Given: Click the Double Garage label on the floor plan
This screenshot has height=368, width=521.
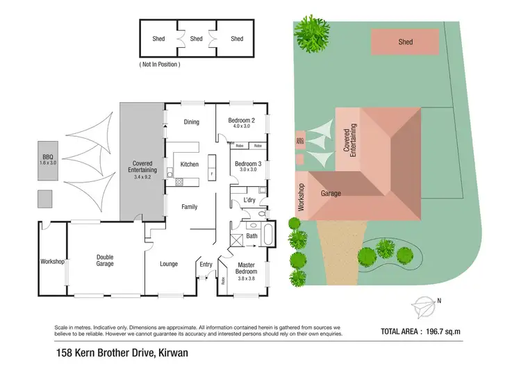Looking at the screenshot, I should (104, 260).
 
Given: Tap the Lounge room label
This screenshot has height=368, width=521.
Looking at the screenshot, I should (169, 264).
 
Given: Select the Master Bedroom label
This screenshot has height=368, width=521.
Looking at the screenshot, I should (246, 268).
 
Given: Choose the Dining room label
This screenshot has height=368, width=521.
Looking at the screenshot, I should (191, 122).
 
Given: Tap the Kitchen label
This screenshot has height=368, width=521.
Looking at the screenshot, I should (190, 165).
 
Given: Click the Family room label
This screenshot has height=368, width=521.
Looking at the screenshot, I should (190, 207).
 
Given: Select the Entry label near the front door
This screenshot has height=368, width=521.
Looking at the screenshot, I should (206, 264).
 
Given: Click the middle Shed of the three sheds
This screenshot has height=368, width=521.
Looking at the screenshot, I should (197, 39).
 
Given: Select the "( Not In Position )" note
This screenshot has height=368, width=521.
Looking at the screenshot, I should (160, 65).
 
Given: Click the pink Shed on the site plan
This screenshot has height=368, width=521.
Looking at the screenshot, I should (405, 42).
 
